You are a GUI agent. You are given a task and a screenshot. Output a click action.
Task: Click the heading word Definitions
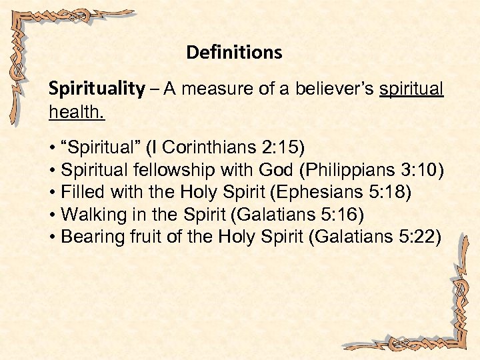click(x=234, y=52)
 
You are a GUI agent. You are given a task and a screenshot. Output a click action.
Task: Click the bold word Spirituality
click(x=97, y=89)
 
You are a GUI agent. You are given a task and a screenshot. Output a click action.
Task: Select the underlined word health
click(x=76, y=111)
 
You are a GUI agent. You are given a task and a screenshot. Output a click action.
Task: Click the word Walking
click(x=89, y=215)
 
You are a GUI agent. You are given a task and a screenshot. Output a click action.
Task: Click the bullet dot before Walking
click(x=52, y=215)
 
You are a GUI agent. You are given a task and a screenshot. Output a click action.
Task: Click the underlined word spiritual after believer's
click(x=411, y=89)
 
